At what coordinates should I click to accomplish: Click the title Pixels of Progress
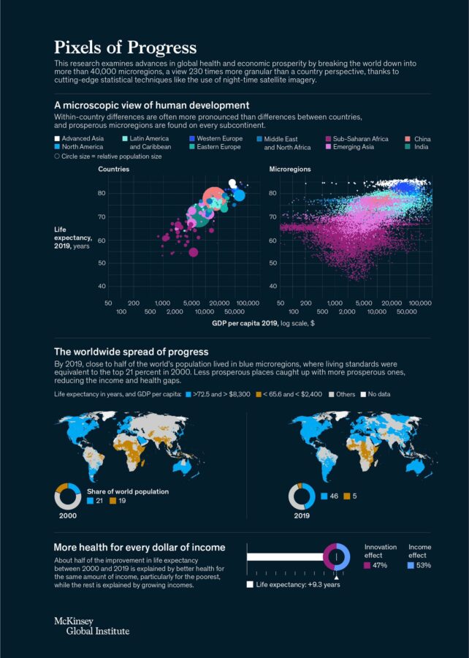point(125,48)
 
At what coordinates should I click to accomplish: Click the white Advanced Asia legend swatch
point(57,138)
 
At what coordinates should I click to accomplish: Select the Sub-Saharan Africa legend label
point(360,138)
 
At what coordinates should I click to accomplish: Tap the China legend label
point(422,138)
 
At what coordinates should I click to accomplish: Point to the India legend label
point(422,147)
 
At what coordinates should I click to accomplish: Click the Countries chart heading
point(114,169)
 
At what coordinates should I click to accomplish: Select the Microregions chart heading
point(290,169)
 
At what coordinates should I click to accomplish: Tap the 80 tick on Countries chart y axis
point(102,193)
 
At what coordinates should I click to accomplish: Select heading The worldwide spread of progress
point(131,352)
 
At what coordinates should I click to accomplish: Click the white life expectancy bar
point(285,557)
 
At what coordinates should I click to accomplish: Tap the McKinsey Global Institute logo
point(91,625)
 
